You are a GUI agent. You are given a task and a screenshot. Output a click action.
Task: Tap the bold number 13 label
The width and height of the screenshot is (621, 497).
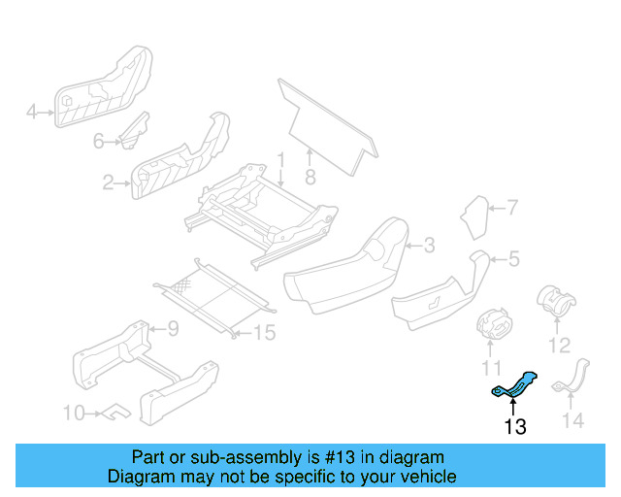pyautogui.click(x=515, y=426)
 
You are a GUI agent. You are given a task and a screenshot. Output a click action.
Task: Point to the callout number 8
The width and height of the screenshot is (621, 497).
pyautogui.click(x=310, y=178)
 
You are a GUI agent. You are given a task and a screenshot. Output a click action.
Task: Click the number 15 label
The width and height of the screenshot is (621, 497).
pyautogui.click(x=264, y=333)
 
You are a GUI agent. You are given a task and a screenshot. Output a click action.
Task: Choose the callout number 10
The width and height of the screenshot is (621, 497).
pyautogui.click(x=74, y=414)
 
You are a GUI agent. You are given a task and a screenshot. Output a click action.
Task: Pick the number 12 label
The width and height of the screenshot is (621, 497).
pyautogui.click(x=559, y=346)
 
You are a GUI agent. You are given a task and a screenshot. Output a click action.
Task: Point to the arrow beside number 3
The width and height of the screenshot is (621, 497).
pyautogui.click(x=410, y=246)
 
